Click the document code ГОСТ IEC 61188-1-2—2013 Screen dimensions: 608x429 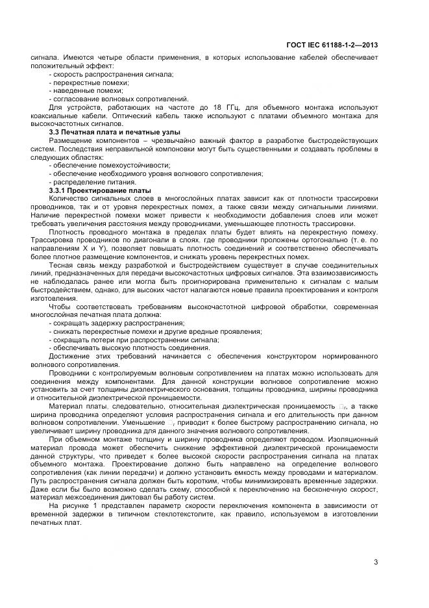332,45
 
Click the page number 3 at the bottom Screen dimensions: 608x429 376,562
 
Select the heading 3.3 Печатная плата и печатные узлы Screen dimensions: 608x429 105,133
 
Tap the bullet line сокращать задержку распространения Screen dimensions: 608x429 107,323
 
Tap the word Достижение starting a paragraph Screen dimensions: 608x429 72,356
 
